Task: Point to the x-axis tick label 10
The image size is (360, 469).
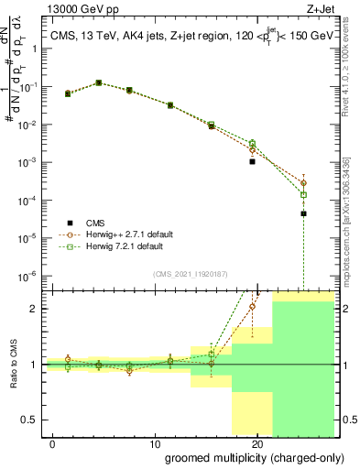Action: [138, 442]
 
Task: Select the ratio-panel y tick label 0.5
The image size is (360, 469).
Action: [34, 420]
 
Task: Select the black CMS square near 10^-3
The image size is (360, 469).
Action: [252, 161]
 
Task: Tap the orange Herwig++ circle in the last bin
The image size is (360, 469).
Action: [303, 183]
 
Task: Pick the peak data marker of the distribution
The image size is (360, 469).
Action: [99, 82]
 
